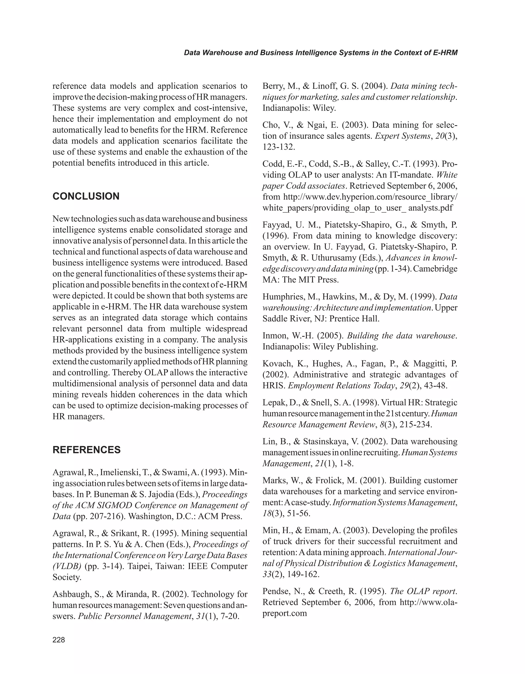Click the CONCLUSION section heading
pos(86,196)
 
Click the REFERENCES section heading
pos(87,450)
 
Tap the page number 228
pos(59,640)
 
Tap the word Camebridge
pos(435,269)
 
